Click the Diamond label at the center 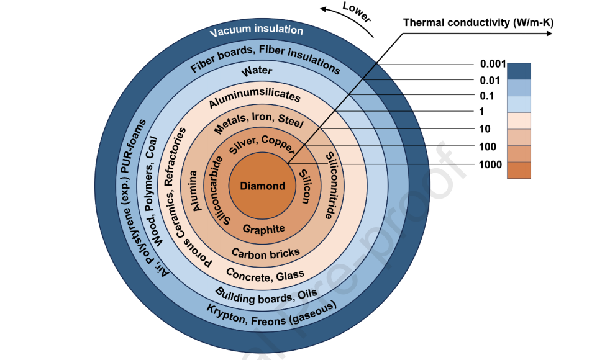262,186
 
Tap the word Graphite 263,229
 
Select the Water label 257,71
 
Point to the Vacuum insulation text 257,30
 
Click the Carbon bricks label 265,253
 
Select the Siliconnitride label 332,186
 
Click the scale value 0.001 493,64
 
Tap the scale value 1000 490,164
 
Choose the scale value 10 485,128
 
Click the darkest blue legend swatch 519,71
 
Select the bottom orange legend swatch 519,170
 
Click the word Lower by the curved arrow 357,12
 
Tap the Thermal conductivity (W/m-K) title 478,22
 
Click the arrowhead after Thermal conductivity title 549,34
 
